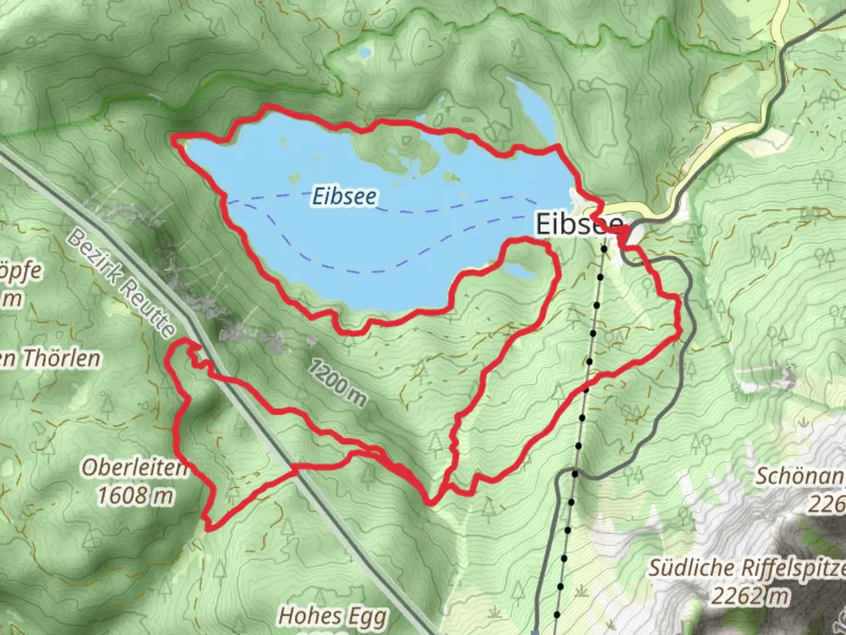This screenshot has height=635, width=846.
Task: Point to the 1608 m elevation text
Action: (135, 496)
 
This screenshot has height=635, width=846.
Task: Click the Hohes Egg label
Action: (333, 616)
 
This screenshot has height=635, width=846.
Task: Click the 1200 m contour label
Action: (337, 383)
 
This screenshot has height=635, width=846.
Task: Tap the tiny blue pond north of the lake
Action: (364, 53)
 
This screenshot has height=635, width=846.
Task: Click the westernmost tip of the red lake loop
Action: (173, 139)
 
